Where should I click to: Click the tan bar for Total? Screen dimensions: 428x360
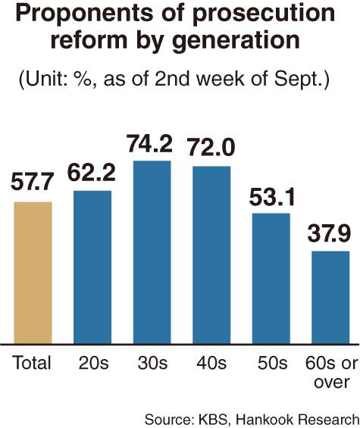[33, 270]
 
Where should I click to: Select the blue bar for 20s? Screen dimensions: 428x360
[92, 265]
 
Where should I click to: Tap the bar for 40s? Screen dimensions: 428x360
[211, 253]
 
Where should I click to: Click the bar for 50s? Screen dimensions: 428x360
[271, 276]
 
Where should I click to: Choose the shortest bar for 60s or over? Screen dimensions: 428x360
[330, 295]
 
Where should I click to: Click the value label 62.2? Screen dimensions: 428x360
[93, 175]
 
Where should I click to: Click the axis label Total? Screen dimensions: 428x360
[32, 363]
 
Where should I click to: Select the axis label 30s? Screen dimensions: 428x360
[152, 363]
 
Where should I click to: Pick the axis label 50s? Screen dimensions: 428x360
[271, 363]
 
